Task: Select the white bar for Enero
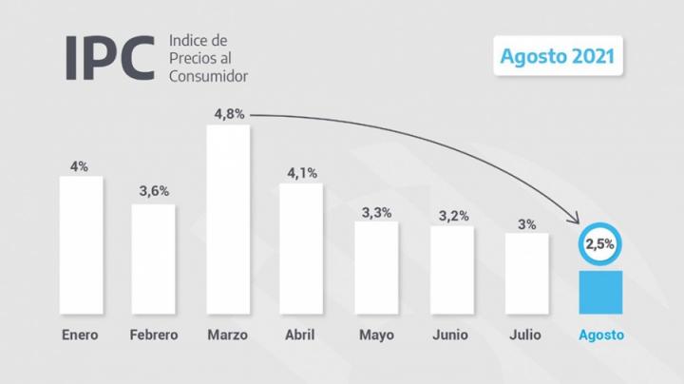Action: click(x=81, y=245)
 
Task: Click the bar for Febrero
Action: click(x=153, y=259)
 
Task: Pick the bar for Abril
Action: click(x=301, y=249)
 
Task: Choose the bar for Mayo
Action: click(x=377, y=269)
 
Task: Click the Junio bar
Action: click(x=452, y=271)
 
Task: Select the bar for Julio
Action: click(x=526, y=274)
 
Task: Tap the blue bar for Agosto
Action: click(x=600, y=293)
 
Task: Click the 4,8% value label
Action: click(x=228, y=113)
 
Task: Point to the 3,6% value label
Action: click(x=153, y=191)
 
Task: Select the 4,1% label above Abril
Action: click(x=301, y=172)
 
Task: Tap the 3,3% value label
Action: click(x=377, y=212)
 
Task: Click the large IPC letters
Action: click(x=108, y=57)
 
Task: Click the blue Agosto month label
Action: click(x=601, y=335)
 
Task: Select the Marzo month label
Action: click(x=228, y=335)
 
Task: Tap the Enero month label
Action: click(x=80, y=335)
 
